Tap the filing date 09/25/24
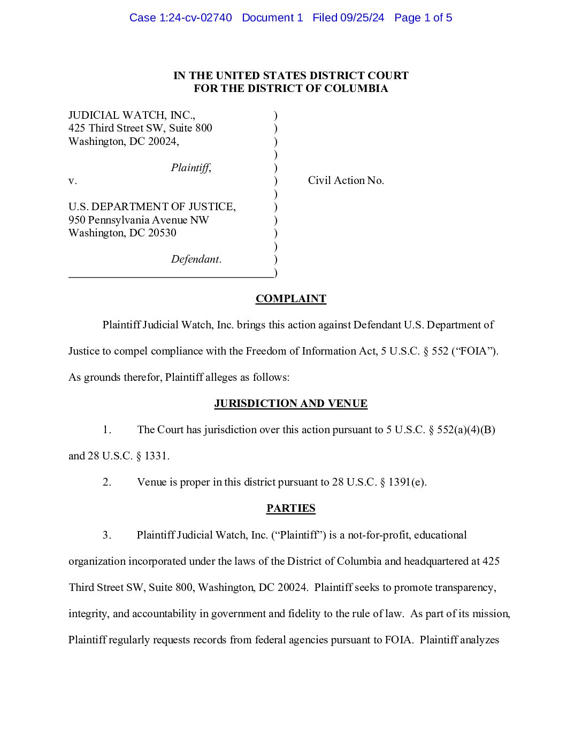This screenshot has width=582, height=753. click(x=362, y=18)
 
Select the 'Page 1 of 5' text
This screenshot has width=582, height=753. click(x=423, y=18)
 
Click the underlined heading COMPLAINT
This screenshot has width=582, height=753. click(x=290, y=298)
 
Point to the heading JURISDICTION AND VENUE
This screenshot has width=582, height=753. click(x=290, y=403)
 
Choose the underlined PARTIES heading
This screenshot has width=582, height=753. click(x=290, y=508)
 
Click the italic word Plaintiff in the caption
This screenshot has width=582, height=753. click(x=190, y=168)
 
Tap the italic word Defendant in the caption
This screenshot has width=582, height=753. click(x=195, y=259)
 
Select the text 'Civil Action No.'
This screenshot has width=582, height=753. click(x=346, y=181)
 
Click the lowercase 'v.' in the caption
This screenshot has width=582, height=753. click(x=73, y=181)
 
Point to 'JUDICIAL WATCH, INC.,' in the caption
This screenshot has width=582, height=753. click(x=132, y=115)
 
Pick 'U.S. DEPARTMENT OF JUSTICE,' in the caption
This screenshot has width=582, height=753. click(x=152, y=207)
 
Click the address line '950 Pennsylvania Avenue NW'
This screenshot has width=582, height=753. click(x=139, y=220)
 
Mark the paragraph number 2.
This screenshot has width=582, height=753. click(x=107, y=482)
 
